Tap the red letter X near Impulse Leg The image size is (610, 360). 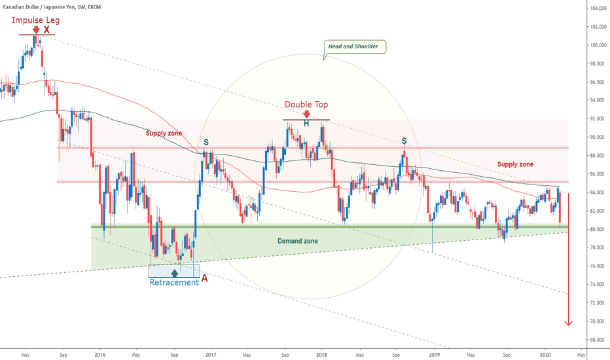[x=46, y=30]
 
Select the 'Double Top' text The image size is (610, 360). [x=306, y=105]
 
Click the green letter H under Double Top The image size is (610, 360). [x=306, y=123]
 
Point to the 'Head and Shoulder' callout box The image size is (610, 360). [x=355, y=46]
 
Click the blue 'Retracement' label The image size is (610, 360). [x=173, y=282]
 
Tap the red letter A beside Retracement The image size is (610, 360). [x=205, y=278]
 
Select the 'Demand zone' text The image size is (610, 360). [x=296, y=241]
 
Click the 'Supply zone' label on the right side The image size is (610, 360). [x=515, y=164]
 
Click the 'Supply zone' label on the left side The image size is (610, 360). [x=163, y=133]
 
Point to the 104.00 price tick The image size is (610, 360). [x=596, y=9]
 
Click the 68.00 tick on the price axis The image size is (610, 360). [x=595, y=340]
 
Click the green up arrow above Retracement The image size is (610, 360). [x=174, y=272]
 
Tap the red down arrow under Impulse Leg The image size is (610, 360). [x=35, y=29]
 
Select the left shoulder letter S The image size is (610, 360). [x=206, y=141]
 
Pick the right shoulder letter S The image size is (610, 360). [x=404, y=141]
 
